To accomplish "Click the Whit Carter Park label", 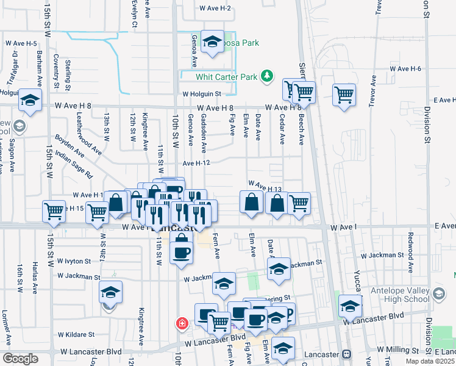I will (227, 77).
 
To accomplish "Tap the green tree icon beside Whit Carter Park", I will (266, 76).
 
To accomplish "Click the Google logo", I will (20, 359).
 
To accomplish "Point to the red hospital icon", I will (181, 323).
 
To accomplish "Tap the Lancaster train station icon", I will (346, 354).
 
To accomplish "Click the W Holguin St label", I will (209, 94).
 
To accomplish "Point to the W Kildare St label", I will (76, 334).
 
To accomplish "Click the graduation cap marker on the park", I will (212, 41).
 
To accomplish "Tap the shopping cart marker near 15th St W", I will (54, 210).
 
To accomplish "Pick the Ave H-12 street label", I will (196, 163).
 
